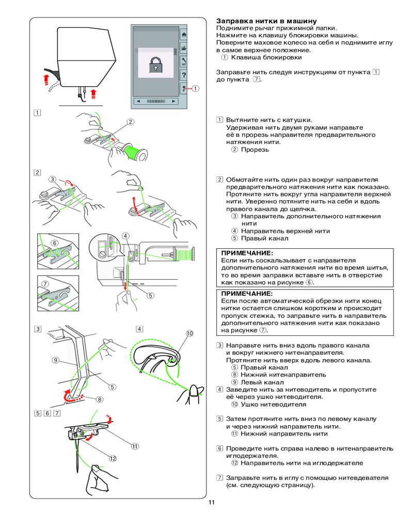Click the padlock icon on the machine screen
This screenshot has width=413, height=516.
[156, 66]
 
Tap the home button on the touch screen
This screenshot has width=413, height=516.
[184, 35]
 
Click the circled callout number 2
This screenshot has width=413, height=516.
[131, 122]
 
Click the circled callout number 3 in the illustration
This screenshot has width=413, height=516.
[53, 179]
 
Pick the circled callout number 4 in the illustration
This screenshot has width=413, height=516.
[125, 236]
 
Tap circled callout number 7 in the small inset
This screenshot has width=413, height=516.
[45, 284]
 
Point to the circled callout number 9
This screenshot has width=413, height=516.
[54, 360]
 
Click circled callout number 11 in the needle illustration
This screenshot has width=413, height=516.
[135, 446]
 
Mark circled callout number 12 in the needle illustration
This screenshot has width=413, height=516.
[113, 458]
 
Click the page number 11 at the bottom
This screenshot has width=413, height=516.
[212, 503]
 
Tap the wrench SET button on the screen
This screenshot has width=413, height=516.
[184, 61]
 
